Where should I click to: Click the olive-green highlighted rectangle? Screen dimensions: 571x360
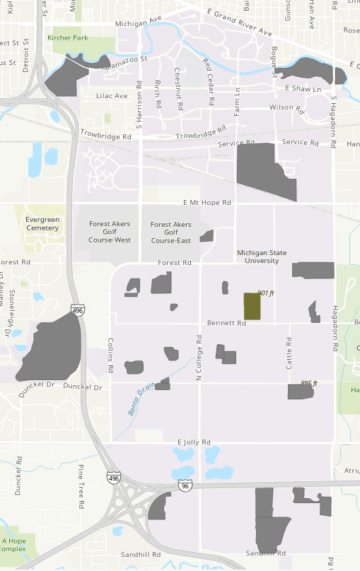coord(252,307)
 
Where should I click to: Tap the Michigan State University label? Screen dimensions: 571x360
coord(263,256)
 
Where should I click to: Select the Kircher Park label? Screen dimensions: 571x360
coord(68,37)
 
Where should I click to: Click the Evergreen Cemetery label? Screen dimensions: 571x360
coord(42,223)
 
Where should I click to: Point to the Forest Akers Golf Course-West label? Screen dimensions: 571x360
coord(110,232)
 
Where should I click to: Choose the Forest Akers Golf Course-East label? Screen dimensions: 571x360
coord(171,232)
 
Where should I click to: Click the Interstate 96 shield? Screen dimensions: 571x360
coord(185,486)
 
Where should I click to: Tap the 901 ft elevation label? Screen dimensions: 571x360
coord(265,293)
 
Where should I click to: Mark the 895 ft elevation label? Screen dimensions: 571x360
coord(309,383)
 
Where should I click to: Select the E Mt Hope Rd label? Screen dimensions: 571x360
coord(207,202)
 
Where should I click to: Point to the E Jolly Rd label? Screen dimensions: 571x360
coord(194,442)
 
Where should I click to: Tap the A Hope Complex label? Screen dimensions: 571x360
coord(13,544)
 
